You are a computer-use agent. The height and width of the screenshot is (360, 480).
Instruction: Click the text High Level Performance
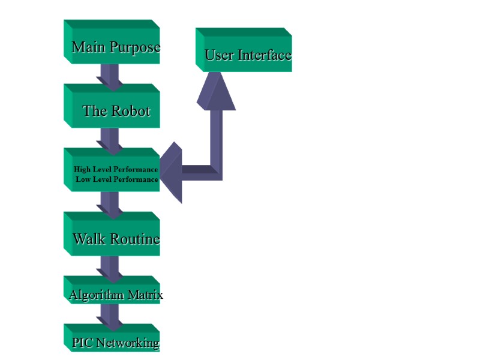coord(116,169)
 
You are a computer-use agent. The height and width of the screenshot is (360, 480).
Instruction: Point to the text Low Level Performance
coord(117,179)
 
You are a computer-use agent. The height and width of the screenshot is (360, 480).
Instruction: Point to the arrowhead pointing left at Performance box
coord(172,172)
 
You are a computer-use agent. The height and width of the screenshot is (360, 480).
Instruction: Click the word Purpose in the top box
coord(136,47)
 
